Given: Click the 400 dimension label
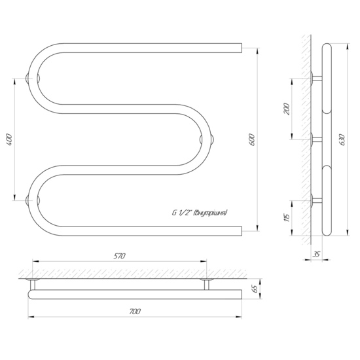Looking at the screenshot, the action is tap(9, 139).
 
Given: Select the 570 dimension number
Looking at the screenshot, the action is tap(119, 256).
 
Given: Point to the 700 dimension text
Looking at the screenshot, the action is tap(135, 312).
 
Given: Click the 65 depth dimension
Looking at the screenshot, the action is tap(255, 289).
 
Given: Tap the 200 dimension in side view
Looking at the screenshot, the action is tap(287, 109).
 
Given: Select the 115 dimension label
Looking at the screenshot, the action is tap(287, 217).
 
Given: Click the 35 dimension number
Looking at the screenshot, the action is tap(316, 254).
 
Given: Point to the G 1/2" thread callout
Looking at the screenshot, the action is tap(200, 213).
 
